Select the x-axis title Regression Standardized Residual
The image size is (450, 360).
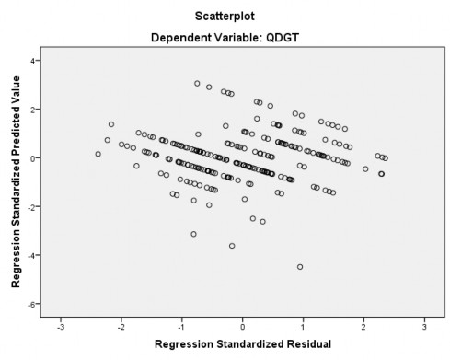242,344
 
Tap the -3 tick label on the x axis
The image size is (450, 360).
60,326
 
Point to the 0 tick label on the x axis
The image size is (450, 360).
243,326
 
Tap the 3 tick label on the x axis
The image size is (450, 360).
424,326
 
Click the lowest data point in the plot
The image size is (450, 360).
300,267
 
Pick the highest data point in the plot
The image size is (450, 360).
197,83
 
